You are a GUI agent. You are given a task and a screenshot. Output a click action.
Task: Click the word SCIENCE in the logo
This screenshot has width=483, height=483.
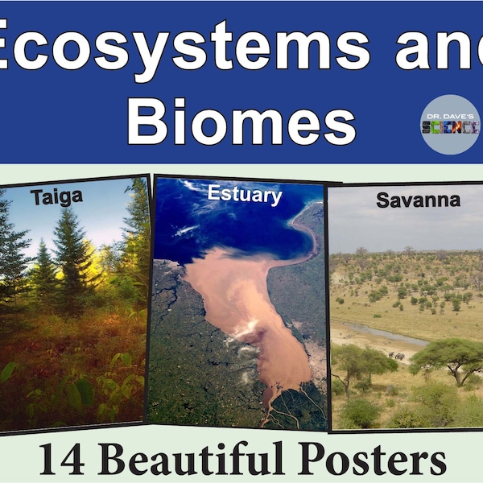450,126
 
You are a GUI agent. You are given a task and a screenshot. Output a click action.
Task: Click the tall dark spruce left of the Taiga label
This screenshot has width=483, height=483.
14,242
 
